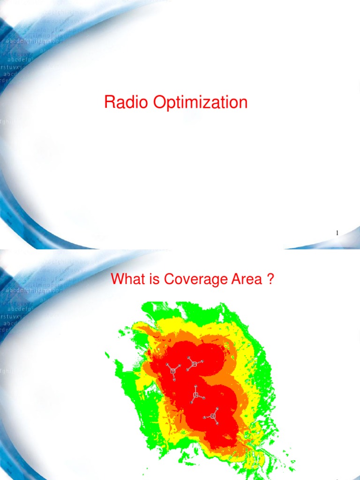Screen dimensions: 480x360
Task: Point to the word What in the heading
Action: click(x=126, y=280)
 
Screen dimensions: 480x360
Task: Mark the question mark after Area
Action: click(x=270, y=280)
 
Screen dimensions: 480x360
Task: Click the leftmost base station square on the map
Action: click(x=173, y=371)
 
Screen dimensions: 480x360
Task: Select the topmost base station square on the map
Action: click(x=194, y=364)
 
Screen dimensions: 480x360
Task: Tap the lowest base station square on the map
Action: click(x=213, y=416)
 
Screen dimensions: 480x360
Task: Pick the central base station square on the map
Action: click(x=196, y=396)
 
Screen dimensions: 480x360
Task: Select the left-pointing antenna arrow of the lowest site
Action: click(x=205, y=417)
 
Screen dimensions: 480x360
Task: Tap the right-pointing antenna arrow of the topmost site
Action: click(x=202, y=361)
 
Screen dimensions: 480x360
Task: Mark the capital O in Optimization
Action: click(x=159, y=102)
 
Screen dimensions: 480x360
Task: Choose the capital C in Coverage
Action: click(x=167, y=280)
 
